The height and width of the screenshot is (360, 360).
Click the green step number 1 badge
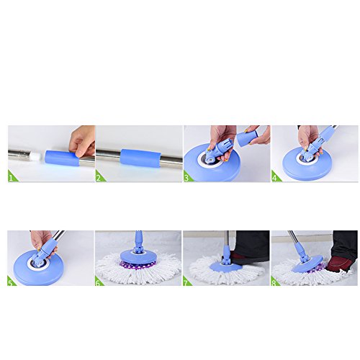[x=12, y=177]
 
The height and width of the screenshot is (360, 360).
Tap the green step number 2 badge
[x=99, y=177]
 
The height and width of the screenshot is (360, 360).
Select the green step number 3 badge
[x=187, y=177]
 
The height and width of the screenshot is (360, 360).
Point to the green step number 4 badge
[x=275, y=177]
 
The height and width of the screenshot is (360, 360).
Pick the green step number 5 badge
[x=11, y=282]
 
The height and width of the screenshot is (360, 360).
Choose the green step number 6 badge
[x=99, y=282]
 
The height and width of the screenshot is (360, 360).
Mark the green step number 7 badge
[x=186, y=282]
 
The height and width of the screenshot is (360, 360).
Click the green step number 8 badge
[x=274, y=282]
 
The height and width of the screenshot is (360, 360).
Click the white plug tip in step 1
[x=36, y=155]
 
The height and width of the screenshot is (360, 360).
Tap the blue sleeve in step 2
[x=139, y=158]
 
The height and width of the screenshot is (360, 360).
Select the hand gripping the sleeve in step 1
[x=81, y=141]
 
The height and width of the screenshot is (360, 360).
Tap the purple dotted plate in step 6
[x=138, y=264]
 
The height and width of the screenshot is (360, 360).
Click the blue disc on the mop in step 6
[x=138, y=256]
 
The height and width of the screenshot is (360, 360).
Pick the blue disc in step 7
[x=225, y=266]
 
